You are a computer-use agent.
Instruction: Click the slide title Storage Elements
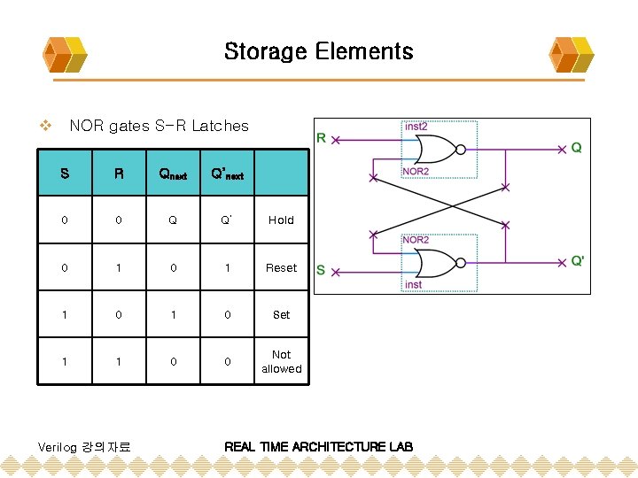point(318,51)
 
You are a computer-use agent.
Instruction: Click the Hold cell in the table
point(281,220)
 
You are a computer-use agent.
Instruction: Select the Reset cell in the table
point(281,267)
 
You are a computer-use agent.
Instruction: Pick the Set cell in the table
point(281,314)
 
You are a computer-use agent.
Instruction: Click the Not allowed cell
point(281,361)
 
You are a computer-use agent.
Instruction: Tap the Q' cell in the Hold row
point(227,220)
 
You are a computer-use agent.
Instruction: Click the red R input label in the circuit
point(323,137)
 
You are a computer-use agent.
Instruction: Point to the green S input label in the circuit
point(322,269)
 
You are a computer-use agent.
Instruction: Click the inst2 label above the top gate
point(416,127)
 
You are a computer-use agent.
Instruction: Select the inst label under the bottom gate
point(413,285)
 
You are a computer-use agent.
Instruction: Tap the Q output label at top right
point(576,148)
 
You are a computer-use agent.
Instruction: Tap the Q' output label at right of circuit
point(577,261)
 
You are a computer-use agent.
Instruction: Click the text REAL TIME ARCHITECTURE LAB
point(318,446)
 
